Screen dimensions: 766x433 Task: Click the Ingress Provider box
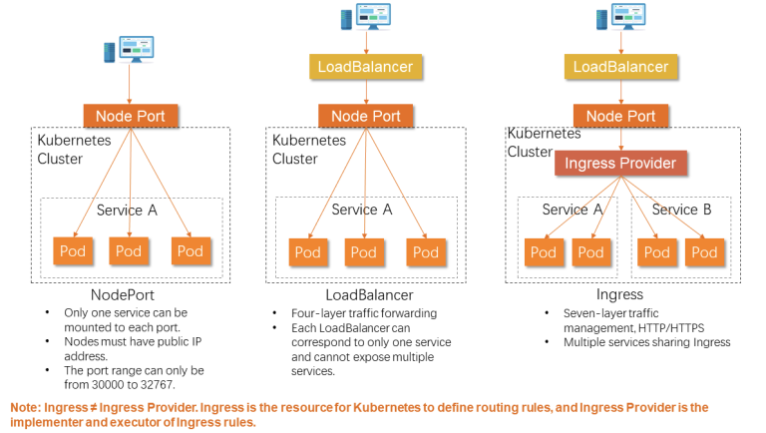tap(620, 163)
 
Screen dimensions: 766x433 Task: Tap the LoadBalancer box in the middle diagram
tap(365, 67)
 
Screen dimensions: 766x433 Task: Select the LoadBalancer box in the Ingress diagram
tap(620, 67)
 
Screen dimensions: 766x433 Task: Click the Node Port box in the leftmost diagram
tap(131, 116)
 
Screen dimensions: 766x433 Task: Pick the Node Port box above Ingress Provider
tap(620, 116)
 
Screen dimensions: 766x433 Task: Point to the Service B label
tap(681, 210)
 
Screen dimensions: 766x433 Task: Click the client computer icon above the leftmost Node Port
tap(129, 49)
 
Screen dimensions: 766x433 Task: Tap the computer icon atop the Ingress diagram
tap(621, 17)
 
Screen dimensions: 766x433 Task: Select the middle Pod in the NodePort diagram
tap(129, 251)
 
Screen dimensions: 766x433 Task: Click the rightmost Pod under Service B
tap(704, 252)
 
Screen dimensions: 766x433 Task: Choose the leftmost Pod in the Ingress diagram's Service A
tap(544, 252)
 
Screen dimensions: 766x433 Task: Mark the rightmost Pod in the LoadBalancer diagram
tap(426, 252)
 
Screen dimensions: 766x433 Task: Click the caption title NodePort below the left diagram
tap(123, 294)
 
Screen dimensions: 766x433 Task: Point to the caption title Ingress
tap(619, 294)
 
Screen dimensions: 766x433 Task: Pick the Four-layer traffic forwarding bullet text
tap(364, 313)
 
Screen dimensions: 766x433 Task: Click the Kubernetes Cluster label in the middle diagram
tap(309, 149)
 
